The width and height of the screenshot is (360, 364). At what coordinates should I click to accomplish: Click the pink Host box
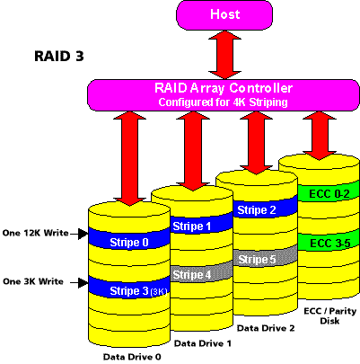224,14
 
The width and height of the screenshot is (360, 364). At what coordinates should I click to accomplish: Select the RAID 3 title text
59,56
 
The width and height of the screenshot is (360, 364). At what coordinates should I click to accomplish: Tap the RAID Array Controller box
224,95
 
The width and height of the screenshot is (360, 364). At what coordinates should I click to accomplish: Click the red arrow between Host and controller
224,55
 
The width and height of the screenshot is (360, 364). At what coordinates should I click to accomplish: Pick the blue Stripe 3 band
129,288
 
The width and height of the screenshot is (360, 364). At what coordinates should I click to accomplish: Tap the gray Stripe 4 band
202,271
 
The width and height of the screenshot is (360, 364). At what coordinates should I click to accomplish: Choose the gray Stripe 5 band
266,256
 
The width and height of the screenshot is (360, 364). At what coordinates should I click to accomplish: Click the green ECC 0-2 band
329,191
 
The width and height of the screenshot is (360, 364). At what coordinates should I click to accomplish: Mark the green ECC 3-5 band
329,241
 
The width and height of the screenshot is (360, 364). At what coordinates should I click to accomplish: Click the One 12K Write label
36,233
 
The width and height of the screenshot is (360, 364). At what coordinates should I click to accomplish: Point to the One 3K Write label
33,281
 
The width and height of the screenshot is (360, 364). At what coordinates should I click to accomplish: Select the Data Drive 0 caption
132,357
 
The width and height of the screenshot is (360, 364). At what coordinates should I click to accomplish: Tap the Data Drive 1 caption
203,343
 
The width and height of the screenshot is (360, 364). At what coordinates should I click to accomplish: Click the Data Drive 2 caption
266,328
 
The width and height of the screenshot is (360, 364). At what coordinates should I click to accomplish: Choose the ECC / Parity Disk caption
329,315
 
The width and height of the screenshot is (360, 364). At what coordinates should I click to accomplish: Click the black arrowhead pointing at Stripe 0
83,234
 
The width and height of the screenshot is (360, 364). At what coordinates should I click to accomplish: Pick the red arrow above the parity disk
319,136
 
